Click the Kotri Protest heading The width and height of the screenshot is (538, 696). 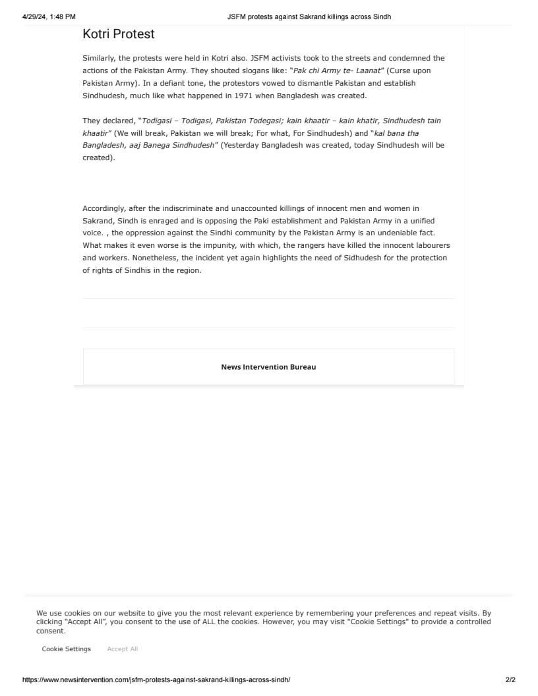coord(119,34)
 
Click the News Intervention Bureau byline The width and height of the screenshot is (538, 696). coord(268,366)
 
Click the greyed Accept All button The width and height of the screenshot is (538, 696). coord(123,649)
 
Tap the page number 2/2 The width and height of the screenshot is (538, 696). coord(510,680)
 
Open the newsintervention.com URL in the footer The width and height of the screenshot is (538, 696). coord(156,680)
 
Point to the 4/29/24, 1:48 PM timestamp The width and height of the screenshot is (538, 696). coord(49,16)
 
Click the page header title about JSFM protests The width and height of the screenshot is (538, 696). coord(309,16)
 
